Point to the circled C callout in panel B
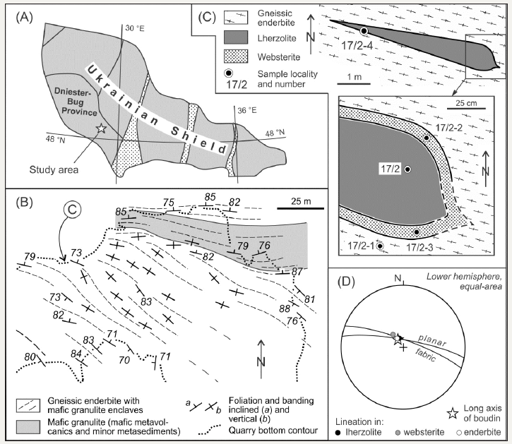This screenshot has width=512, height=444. point(76,209)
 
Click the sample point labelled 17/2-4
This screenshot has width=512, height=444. point(364,31)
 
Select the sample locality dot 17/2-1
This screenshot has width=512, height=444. point(380,246)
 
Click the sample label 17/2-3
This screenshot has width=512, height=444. point(422,247)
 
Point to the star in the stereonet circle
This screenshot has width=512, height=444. point(397,342)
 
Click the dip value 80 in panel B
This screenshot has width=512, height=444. point(30,356)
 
